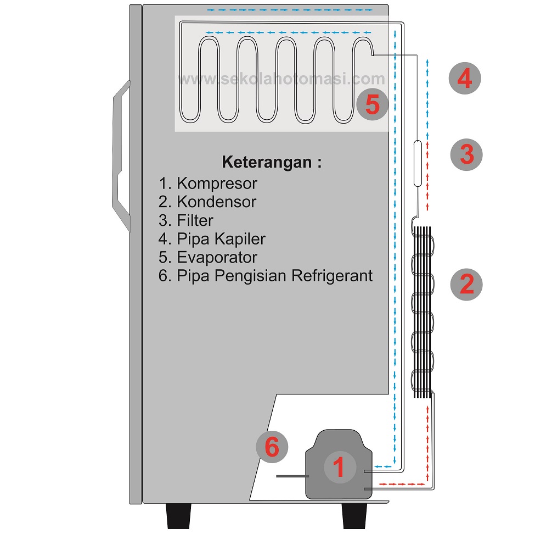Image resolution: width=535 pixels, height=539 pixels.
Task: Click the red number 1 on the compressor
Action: [339, 468]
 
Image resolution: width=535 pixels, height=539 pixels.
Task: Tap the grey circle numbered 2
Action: [466, 284]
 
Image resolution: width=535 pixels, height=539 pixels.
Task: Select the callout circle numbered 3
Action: [466, 154]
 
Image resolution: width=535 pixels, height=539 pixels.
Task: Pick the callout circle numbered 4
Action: [464, 79]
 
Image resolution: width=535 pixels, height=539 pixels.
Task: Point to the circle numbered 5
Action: [372, 104]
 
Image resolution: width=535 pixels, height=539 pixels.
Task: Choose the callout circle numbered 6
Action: [272, 447]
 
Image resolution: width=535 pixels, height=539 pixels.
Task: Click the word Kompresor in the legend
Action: [217, 183]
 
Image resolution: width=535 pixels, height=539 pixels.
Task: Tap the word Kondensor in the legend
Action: [216, 202]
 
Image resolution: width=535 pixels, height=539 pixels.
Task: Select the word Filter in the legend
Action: [195, 220]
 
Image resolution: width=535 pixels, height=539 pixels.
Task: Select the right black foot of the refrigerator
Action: [355, 516]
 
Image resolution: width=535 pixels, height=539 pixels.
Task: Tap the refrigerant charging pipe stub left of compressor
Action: [292, 476]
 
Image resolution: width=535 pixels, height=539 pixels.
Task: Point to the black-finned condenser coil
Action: [423, 312]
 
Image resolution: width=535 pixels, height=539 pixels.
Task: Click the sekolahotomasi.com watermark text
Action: [281, 80]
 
